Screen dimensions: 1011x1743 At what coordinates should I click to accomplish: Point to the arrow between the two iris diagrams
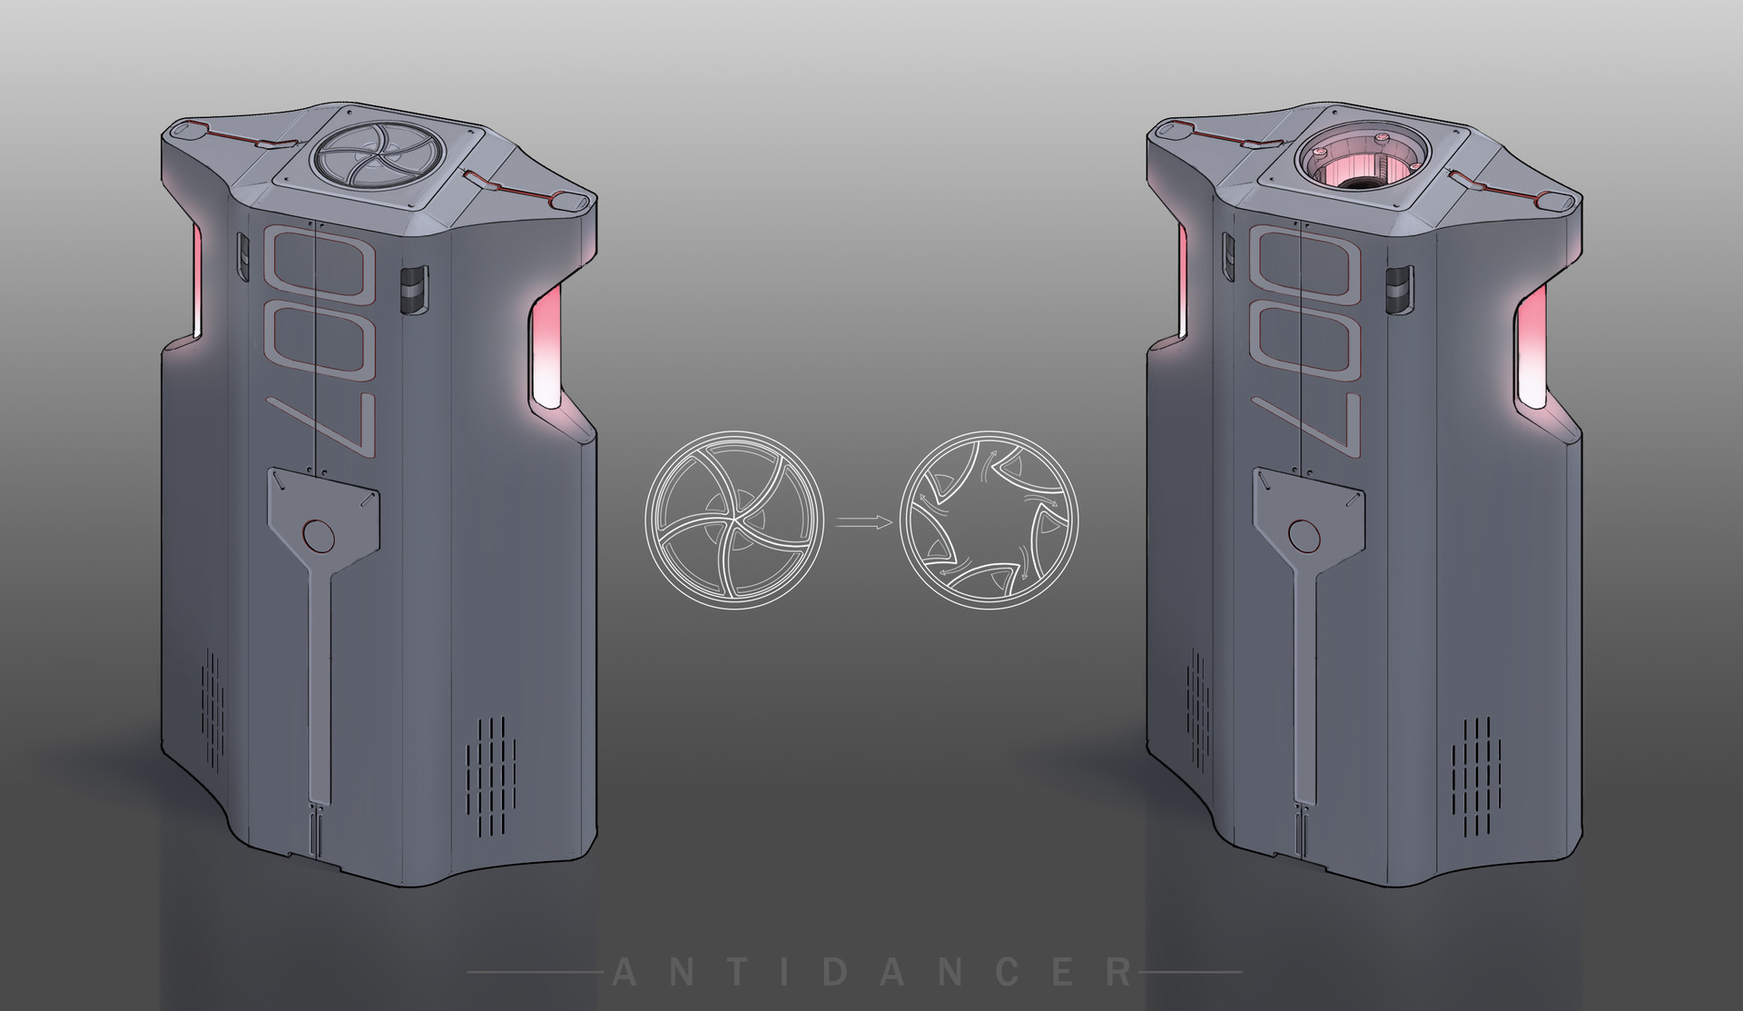click(862, 521)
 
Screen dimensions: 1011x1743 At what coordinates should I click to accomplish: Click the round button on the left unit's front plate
click(317, 536)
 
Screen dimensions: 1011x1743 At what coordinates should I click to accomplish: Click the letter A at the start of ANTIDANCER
click(624, 973)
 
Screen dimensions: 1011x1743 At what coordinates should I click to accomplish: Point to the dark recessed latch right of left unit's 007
click(413, 291)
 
